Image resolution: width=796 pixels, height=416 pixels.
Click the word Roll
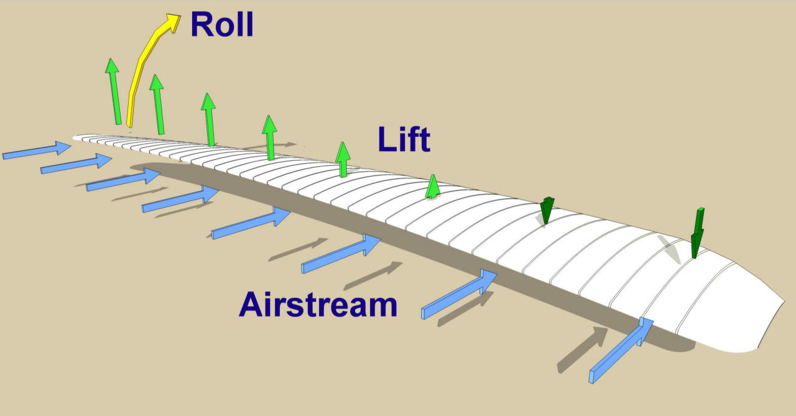[x=221, y=25]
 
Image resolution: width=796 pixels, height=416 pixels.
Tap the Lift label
[x=404, y=140]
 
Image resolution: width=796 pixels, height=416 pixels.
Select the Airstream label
[x=318, y=305]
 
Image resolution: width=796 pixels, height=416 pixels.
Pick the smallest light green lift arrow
[x=433, y=187]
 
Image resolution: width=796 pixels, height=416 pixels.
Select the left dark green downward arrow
[x=547, y=210]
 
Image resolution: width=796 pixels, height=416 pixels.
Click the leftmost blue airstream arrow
[x=37, y=151]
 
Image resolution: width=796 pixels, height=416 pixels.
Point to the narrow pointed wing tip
[x=78, y=137]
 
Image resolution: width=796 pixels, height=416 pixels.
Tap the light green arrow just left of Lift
[x=343, y=159]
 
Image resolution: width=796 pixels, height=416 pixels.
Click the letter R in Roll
[x=200, y=25]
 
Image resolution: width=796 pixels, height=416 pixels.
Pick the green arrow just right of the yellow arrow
[x=158, y=103]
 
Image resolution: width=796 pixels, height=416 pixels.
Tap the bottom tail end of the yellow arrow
[x=130, y=124]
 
